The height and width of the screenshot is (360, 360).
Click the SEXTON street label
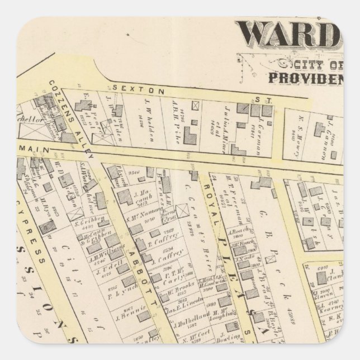tap(130, 89)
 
